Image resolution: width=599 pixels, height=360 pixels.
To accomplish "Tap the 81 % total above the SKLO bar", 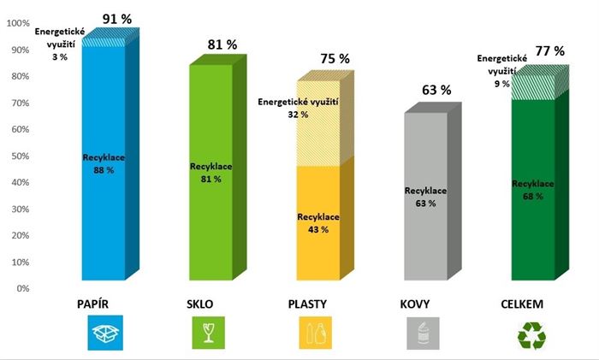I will (x=222, y=44).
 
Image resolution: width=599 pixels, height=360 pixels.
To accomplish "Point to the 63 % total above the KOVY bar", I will (x=436, y=90).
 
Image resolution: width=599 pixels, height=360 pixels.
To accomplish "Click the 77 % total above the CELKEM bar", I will (x=549, y=51).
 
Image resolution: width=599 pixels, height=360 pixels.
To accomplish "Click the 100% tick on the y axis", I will (x=18, y=23).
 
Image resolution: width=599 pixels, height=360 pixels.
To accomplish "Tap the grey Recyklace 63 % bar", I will (x=425, y=197).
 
